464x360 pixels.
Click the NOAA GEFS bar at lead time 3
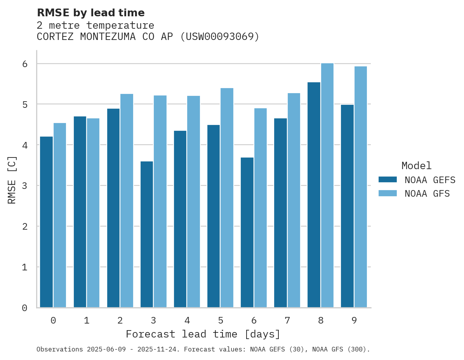(x=147, y=234)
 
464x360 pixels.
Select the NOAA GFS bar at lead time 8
(x=327, y=185)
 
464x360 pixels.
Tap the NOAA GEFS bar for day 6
(x=247, y=232)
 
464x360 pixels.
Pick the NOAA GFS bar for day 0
(x=60, y=215)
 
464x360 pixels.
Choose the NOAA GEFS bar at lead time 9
(x=347, y=206)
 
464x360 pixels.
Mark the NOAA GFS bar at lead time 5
(x=227, y=198)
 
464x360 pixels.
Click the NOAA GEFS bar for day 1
(x=80, y=212)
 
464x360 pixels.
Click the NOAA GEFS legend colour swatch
(x=388, y=179)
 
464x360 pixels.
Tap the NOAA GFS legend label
(x=427, y=194)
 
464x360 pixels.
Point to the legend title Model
(x=416, y=166)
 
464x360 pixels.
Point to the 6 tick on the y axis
(x=24, y=64)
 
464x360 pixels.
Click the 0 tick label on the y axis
(x=24, y=308)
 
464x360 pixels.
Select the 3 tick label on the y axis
(x=24, y=186)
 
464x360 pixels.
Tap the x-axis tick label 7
(x=287, y=320)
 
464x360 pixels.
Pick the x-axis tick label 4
(x=187, y=320)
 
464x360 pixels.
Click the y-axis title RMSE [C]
(x=12, y=180)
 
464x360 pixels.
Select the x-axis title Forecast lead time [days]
(x=203, y=334)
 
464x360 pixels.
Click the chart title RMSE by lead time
(x=90, y=13)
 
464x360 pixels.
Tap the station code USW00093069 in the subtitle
(x=220, y=37)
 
